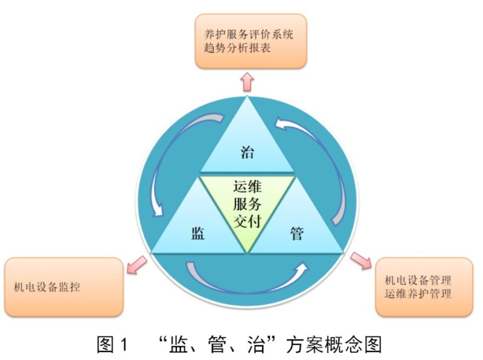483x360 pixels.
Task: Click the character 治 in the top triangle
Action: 247,152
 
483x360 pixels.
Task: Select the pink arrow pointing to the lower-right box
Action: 361,260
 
